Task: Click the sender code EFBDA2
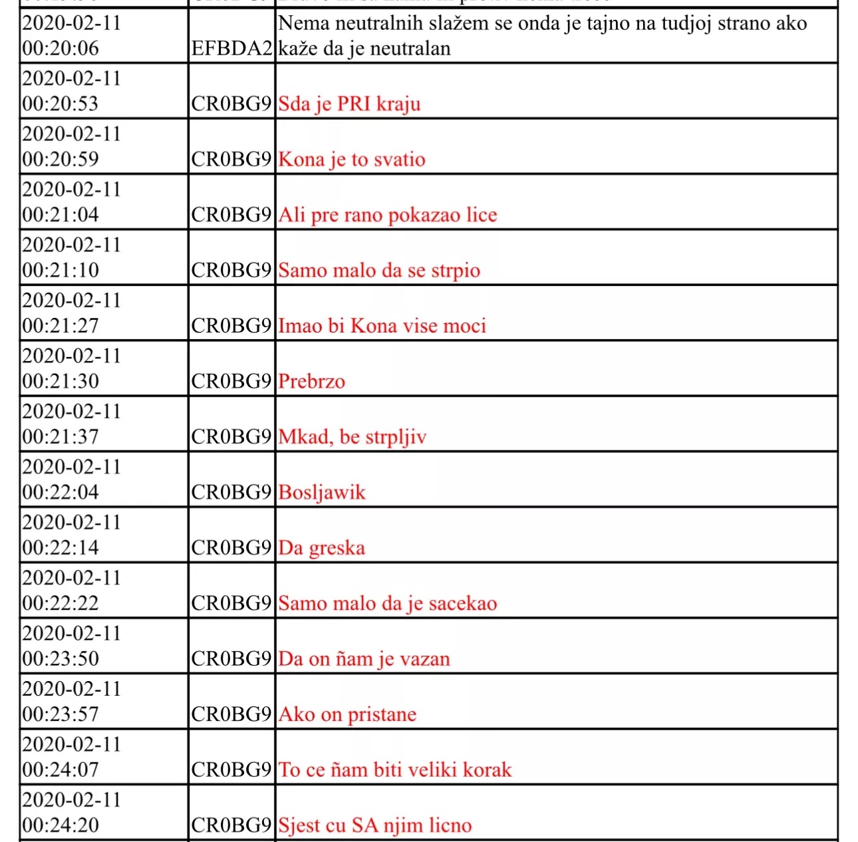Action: pos(231,49)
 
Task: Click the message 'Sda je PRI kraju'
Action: pos(349,104)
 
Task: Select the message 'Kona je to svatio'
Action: pos(352,160)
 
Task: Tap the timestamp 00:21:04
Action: pos(61,215)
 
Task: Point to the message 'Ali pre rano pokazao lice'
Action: pos(388,215)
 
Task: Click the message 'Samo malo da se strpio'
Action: pos(379,271)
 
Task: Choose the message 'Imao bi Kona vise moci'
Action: pos(382,326)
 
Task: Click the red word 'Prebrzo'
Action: pos(312,382)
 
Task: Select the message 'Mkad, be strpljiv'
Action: pos(353,437)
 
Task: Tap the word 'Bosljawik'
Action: pos(322,492)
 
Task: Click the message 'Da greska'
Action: pos(322,548)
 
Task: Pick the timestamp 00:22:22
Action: pos(61,603)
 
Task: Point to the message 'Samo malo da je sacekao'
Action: pos(388,603)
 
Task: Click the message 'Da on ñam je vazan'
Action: pos(364,659)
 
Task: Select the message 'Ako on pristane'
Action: pos(348,714)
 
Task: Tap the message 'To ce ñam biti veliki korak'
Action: pos(395,770)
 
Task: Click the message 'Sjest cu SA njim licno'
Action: pos(375,825)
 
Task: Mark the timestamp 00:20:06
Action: pos(61,49)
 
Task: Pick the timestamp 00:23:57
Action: pos(61,714)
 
